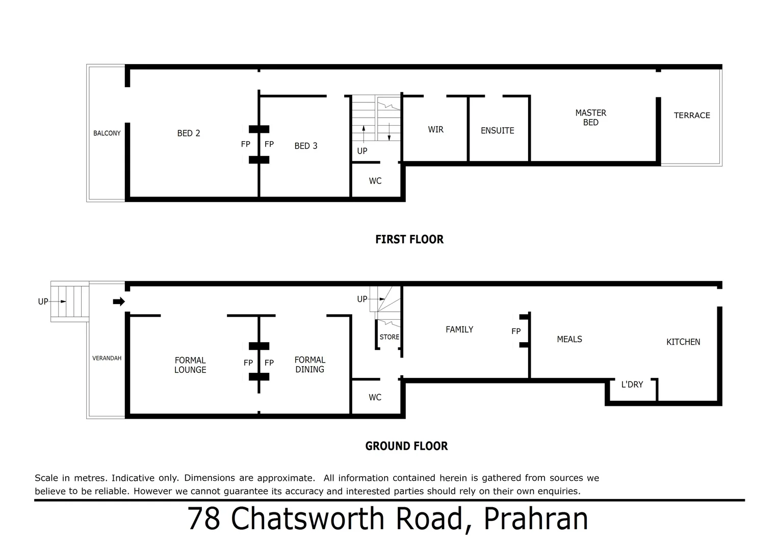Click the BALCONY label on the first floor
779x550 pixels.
point(107,133)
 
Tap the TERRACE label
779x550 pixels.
point(692,116)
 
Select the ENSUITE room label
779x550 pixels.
point(497,131)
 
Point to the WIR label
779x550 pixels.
point(435,130)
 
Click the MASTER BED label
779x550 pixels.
point(590,118)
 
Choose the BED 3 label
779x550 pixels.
point(306,146)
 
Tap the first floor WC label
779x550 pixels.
point(375,181)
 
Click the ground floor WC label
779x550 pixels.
point(375,398)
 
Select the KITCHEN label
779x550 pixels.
point(683,342)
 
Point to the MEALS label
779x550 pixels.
point(569,340)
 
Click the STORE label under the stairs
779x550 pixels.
point(389,337)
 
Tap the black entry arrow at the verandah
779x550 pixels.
point(119,302)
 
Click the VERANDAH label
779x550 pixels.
point(107,359)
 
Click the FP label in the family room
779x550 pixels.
point(516,332)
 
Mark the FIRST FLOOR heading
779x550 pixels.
point(409,239)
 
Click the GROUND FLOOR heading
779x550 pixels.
point(406,446)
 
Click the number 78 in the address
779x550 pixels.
point(204,519)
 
